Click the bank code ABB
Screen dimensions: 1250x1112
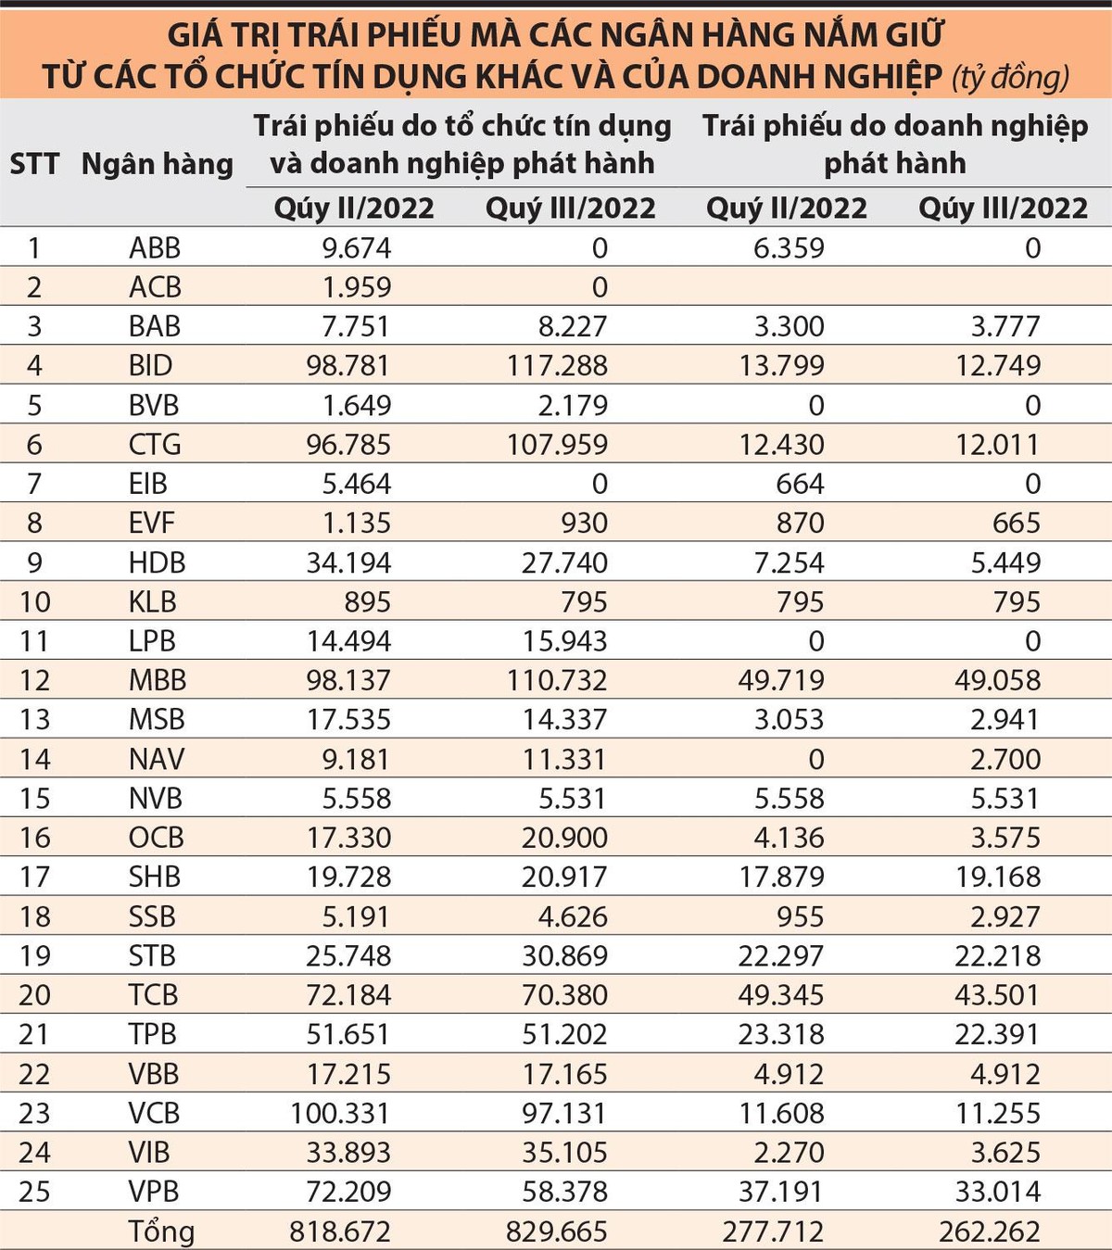click(155, 248)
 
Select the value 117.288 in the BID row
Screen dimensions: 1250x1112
click(557, 366)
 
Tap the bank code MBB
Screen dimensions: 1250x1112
click(158, 680)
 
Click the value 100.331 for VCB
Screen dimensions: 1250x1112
click(340, 1113)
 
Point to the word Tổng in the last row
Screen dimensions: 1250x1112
click(161, 1231)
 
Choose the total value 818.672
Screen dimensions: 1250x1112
click(340, 1231)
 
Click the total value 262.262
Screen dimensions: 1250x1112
click(990, 1231)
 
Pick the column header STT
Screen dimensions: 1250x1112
click(34, 164)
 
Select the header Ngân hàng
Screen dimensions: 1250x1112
click(158, 164)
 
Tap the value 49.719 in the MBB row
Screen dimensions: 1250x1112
click(781, 680)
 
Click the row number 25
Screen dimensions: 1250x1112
click(34, 1192)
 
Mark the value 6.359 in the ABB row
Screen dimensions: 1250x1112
click(789, 248)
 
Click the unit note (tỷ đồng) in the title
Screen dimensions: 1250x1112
click(1010, 77)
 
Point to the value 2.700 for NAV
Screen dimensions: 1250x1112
click(1005, 759)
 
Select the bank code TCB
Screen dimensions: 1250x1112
click(153, 995)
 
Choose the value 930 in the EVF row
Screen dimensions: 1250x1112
click(584, 524)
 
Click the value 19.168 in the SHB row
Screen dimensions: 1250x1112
click(998, 877)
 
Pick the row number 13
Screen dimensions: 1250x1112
click(34, 720)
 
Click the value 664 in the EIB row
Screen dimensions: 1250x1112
click(800, 484)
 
